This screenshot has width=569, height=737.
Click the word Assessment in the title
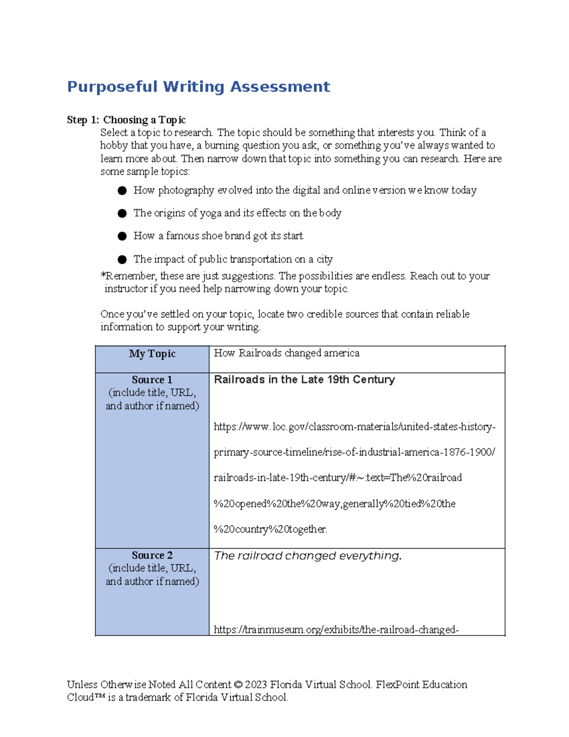coord(280,87)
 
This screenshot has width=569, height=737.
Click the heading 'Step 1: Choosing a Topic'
coord(126,120)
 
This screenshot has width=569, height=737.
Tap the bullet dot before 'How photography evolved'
coord(122,191)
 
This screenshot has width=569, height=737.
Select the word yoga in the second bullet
coord(211,213)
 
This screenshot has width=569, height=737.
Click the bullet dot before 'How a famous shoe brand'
coord(122,236)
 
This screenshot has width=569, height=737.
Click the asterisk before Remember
coord(102,275)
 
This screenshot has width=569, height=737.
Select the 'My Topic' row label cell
coord(152,359)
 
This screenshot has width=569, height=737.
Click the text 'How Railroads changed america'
coord(286,353)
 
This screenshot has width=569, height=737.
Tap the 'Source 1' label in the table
coord(152,380)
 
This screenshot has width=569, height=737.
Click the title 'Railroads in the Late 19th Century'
coord(304,380)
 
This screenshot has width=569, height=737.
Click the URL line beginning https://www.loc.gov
coord(354,427)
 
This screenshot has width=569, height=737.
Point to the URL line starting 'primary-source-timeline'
coord(354,452)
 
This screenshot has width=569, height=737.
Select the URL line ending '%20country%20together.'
coord(270,529)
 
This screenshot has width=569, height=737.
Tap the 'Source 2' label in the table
coord(152,555)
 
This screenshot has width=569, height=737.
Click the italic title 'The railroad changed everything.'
coord(308,556)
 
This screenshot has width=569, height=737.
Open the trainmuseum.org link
coord(336,630)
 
